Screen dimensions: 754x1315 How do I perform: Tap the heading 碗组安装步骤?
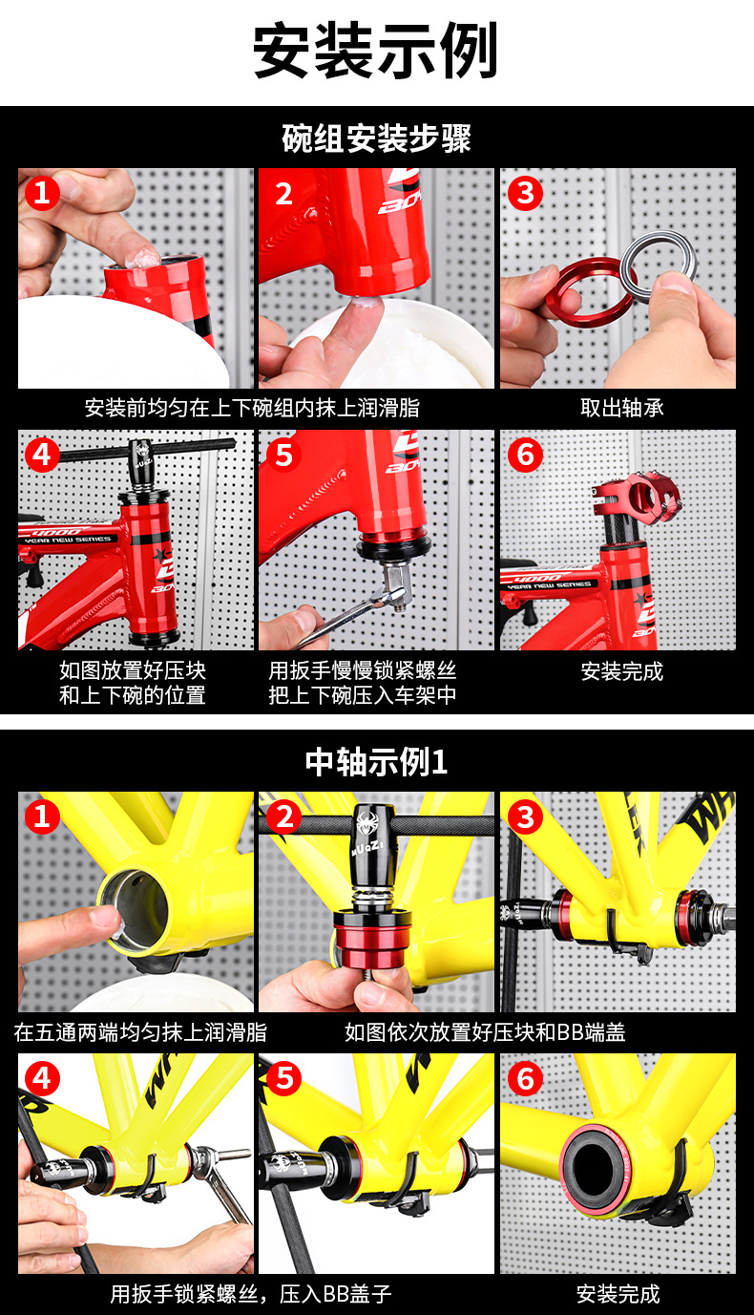click(x=376, y=138)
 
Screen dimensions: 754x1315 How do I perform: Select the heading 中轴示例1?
click(x=376, y=763)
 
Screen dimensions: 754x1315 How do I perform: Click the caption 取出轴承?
click(x=622, y=408)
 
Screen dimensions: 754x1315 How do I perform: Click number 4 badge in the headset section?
click(x=41, y=456)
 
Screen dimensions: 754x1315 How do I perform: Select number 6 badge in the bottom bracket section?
click(x=524, y=1078)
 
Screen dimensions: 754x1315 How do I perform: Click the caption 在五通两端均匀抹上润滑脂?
click(x=140, y=1032)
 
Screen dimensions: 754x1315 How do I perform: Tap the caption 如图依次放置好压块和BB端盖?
click(x=485, y=1032)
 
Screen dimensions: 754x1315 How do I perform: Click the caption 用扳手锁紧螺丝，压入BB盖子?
click(x=251, y=1293)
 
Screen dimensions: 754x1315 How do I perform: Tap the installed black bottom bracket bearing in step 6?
click(x=597, y=1165)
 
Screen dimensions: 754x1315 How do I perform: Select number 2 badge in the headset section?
click(x=283, y=194)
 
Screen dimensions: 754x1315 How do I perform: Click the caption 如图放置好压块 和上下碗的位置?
click(x=133, y=683)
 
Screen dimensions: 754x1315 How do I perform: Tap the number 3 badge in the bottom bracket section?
click(x=524, y=817)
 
